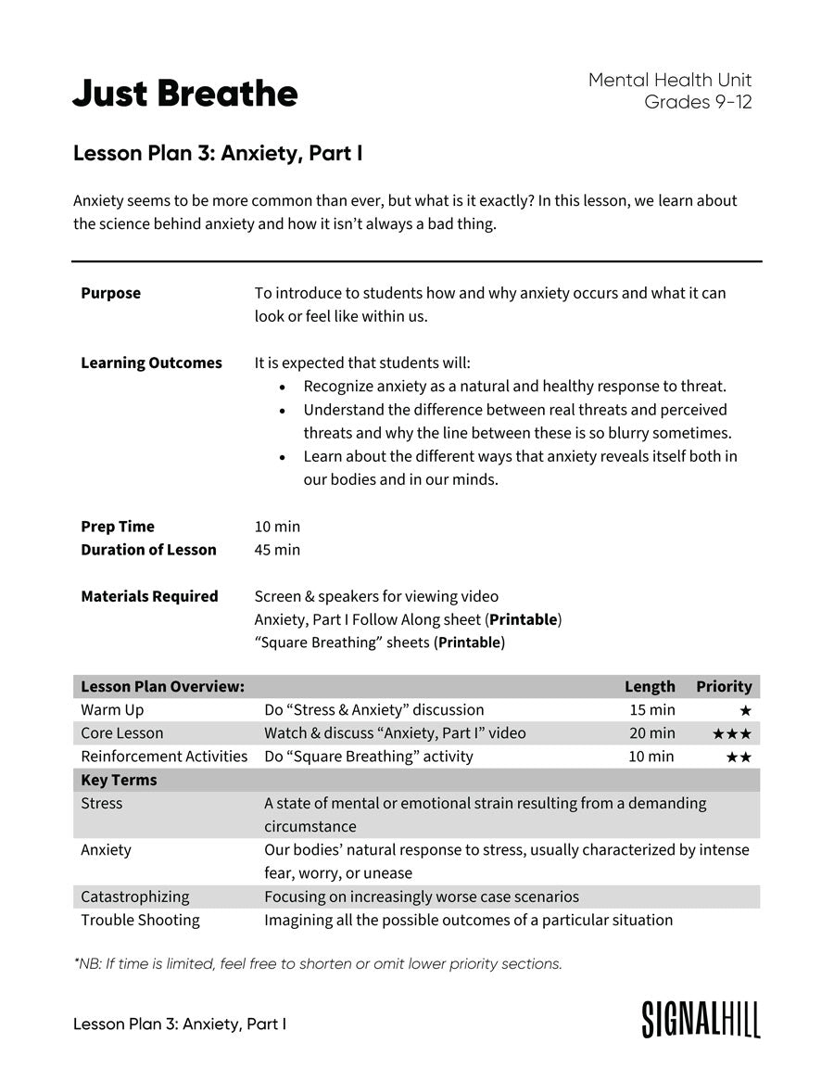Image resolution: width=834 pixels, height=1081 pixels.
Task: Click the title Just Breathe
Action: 185,94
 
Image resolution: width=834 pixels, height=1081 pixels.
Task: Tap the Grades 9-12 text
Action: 698,102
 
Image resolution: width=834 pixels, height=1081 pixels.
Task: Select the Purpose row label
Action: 110,293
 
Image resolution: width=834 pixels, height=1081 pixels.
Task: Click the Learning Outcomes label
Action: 151,362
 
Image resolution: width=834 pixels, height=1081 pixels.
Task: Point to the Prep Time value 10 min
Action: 277,527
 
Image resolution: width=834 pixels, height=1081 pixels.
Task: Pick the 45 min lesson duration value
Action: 277,550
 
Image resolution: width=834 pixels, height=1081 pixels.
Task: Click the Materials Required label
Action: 149,596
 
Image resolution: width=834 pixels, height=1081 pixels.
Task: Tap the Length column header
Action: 650,686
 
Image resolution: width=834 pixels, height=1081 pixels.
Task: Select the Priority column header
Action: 724,686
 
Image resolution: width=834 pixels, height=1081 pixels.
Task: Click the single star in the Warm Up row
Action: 745,710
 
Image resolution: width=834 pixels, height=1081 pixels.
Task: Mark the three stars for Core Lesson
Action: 731,733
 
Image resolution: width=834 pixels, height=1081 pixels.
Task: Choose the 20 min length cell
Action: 651,733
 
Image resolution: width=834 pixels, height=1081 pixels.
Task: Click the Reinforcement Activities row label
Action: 164,757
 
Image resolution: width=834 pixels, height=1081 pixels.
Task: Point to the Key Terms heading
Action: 119,780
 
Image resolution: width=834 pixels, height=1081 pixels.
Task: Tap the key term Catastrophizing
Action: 134,897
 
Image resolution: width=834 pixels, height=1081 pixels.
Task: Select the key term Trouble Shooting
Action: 140,920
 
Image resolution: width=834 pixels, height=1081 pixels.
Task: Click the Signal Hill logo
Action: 701,1019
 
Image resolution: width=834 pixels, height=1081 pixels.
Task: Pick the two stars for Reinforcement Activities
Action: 738,757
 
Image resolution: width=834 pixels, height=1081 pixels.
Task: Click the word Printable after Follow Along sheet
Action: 523,619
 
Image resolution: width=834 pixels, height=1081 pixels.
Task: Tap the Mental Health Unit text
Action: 670,80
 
